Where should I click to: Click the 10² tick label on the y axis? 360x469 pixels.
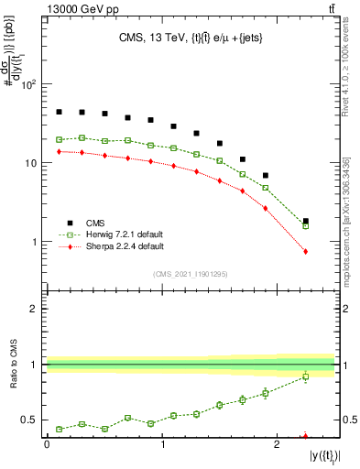click(x=29, y=84)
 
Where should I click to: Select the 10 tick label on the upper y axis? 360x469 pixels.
click(x=30, y=163)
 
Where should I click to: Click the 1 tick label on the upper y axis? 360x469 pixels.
click(x=34, y=242)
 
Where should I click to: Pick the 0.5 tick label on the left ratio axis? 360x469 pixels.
click(x=29, y=420)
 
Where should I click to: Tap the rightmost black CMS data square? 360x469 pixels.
click(x=305, y=222)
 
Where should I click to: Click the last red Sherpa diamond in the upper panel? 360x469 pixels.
click(x=305, y=251)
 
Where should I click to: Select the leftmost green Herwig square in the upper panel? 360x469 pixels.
click(x=59, y=139)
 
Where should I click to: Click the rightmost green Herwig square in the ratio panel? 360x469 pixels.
click(x=305, y=376)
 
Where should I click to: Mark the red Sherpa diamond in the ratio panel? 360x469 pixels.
click(x=305, y=437)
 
